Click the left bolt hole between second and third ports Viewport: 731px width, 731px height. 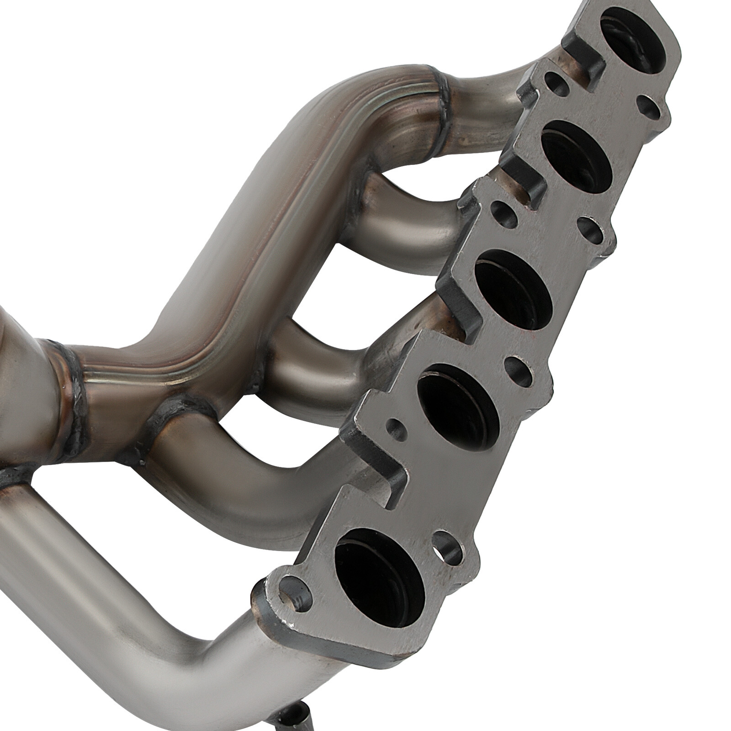[503, 212]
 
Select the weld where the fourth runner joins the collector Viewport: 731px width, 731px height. [160, 423]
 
